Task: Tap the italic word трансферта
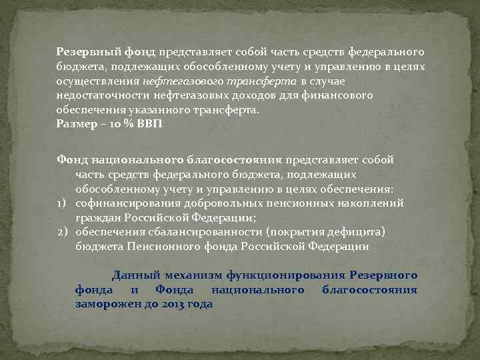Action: point(254,81)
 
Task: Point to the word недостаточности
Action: point(98,95)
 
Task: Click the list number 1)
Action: point(64,203)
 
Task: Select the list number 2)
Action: point(64,232)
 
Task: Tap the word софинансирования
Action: point(121,203)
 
